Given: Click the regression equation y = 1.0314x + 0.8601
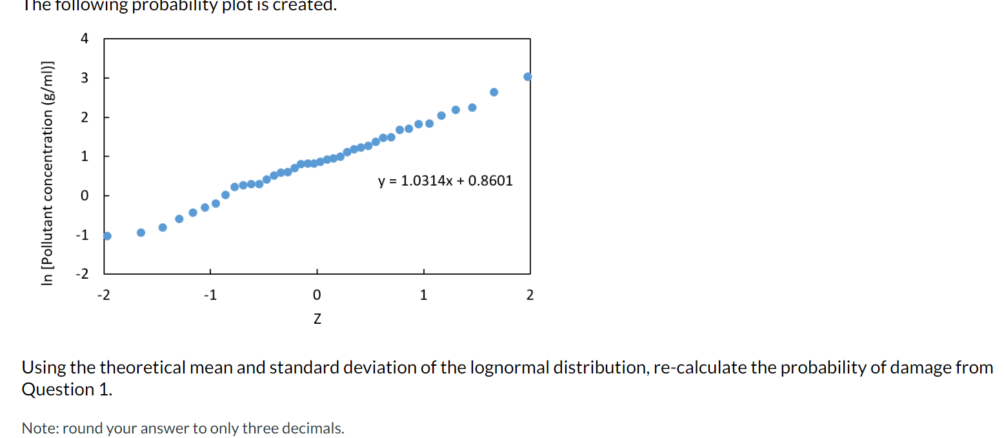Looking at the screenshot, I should pyautogui.click(x=445, y=181).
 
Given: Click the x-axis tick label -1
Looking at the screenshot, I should pyautogui.click(x=208, y=296).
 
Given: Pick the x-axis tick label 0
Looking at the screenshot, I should pyautogui.click(x=316, y=296).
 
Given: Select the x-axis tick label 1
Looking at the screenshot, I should pyautogui.click(x=423, y=296).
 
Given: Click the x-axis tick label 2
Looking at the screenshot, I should pyautogui.click(x=530, y=296).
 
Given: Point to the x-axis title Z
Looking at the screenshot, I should pyautogui.click(x=317, y=319).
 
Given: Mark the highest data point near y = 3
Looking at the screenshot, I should pyautogui.click(x=528, y=77).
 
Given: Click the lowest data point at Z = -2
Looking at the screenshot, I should pyautogui.click(x=107, y=235).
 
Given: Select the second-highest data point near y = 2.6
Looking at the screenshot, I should pyautogui.click(x=494, y=92).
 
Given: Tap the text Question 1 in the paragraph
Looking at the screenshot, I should pyautogui.click(x=66, y=390).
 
